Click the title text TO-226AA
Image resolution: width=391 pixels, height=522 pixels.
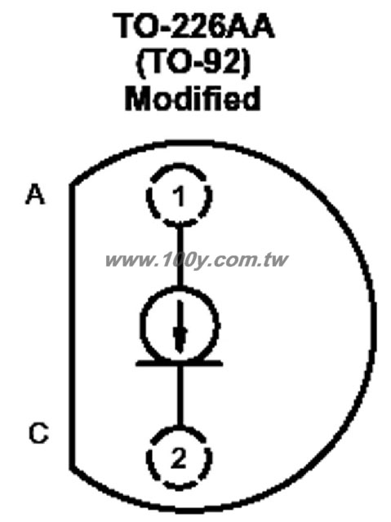[x=193, y=25]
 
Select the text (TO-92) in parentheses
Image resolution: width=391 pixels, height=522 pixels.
[x=193, y=63]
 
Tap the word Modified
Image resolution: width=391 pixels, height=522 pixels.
[x=193, y=98]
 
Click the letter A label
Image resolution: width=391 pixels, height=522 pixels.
[x=35, y=194]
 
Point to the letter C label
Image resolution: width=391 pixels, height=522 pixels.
[x=38, y=433]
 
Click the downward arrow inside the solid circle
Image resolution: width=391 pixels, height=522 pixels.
[x=180, y=327]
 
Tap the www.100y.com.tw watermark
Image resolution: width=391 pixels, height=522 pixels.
[x=197, y=259]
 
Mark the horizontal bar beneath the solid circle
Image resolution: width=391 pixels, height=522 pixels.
[x=180, y=363]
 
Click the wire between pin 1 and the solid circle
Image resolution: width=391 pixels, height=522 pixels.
[x=180, y=255]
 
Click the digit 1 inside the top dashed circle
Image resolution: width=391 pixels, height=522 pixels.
[x=180, y=196]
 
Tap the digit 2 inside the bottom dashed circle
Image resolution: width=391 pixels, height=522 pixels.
[x=179, y=458]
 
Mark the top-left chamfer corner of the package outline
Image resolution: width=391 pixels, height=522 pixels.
[x=72, y=184]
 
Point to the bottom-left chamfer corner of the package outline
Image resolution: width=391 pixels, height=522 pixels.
[x=72, y=467]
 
